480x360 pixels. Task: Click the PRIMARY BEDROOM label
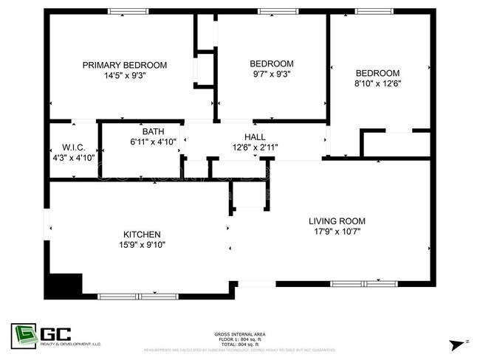[x=124, y=65]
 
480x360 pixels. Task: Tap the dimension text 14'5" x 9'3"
[x=124, y=75]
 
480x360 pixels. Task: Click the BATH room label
[x=153, y=131]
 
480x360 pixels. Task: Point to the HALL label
[x=255, y=136]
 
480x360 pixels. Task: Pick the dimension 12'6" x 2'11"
[x=255, y=146]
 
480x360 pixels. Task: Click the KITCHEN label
[x=142, y=235]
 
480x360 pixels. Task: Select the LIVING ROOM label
[x=337, y=221]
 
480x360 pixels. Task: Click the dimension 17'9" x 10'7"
[x=337, y=230]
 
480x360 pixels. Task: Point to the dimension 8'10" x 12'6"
[x=377, y=83]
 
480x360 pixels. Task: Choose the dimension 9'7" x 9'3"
[x=271, y=74]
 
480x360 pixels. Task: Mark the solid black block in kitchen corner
[x=64, y=284]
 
